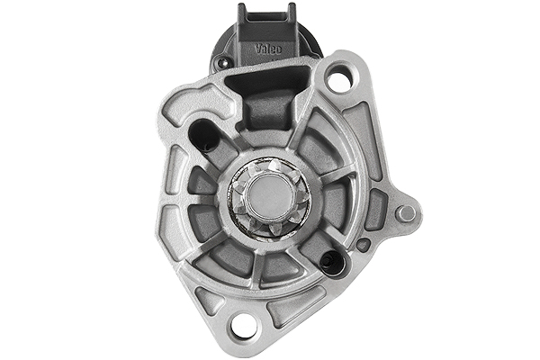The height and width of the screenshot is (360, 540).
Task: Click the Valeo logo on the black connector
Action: [x=268, y=48]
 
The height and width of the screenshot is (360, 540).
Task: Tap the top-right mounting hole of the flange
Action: [x=338, y=81]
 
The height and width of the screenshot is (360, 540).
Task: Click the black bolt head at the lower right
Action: [x=331, y=262]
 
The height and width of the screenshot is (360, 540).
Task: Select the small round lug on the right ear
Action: [x=407, y=213]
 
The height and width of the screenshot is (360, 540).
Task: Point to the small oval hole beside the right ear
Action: [x=363, y=244]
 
